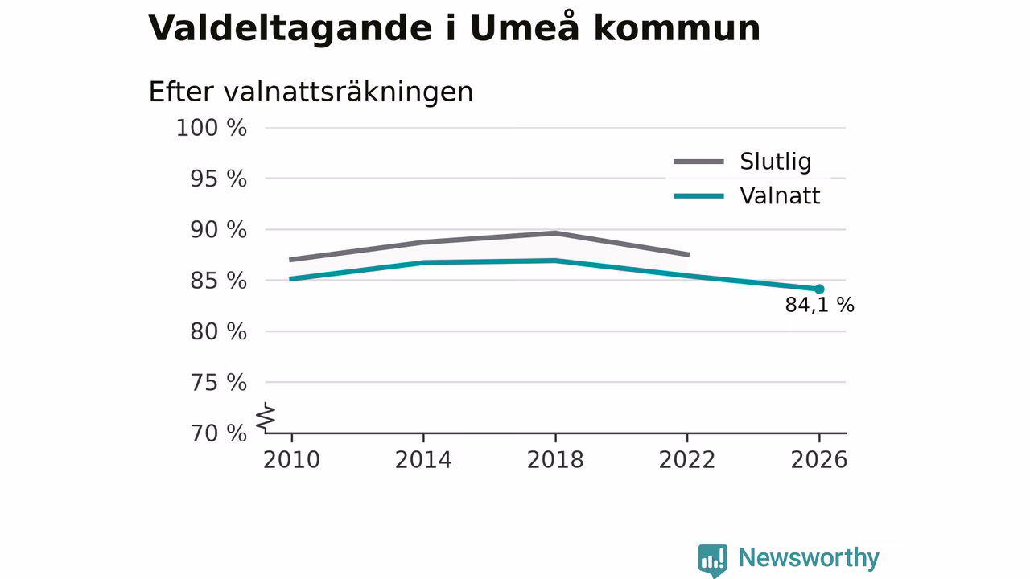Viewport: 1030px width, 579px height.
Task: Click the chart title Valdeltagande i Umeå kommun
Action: (x=455, y=29)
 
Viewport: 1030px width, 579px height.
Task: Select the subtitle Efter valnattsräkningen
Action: (x=311, y=92)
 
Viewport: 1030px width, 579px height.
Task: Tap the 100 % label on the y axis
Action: (x=212, y=128)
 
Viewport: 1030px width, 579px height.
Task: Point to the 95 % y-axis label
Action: (x=218, y=179)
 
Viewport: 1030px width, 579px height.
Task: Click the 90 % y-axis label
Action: (x=218, y=230)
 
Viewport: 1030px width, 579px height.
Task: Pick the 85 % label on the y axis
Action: (x=218, y=281)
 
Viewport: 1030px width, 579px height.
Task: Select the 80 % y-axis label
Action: (x=218, y=332)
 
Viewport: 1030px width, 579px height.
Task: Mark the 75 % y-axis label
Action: (x=218, y=383)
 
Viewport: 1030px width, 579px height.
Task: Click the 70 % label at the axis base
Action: (x=218, y=433)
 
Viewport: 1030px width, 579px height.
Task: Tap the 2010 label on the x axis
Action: (x=291, y=460)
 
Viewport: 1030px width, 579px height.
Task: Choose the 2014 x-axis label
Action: (x=423, y=460)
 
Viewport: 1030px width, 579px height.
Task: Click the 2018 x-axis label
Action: (x=555, y=460)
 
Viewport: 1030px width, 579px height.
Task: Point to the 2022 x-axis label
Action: (x=687, y=460)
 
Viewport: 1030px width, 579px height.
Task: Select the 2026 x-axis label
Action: (x=819, y=460)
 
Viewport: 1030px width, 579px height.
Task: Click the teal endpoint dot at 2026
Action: (x=819, y=289)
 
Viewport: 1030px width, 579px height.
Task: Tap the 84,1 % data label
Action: (x=819, y=305)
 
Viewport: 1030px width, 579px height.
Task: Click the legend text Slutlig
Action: (x=776, y=162)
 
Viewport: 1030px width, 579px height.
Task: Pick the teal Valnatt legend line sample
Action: (x=699, y=196)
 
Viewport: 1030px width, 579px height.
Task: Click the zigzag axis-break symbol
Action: (x=266, y=417)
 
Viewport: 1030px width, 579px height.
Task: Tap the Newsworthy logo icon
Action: (x=713, y=561)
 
